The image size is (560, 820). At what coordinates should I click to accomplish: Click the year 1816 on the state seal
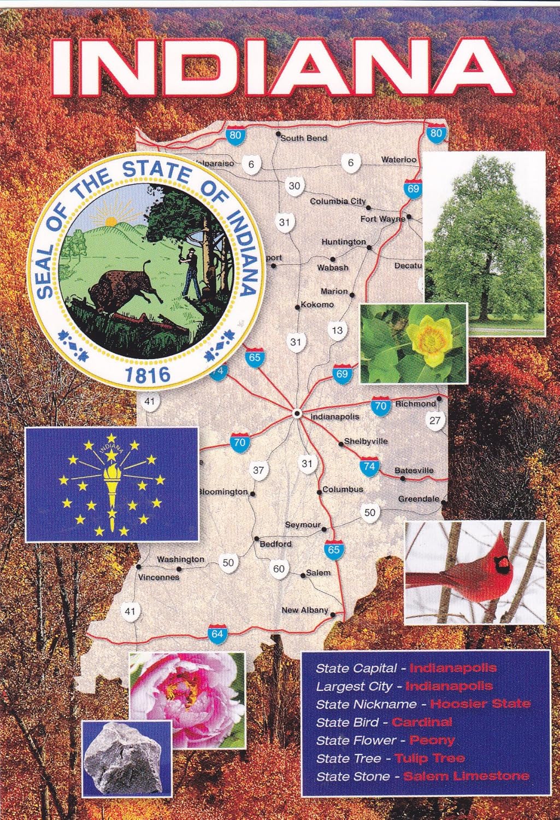coord(148,374)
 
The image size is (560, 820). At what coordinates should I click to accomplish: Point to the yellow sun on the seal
coord(111,221)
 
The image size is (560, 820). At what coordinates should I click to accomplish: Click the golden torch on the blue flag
coord(112,484)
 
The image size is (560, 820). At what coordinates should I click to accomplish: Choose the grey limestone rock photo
coord(125,758)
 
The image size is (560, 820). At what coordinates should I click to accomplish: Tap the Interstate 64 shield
coord(217,634)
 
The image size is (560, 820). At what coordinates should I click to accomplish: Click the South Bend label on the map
coord(304,138)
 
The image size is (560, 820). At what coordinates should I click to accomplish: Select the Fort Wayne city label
coord(382,219)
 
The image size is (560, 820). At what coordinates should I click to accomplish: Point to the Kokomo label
coord(317,304)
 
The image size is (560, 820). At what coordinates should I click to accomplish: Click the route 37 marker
coord(258,470)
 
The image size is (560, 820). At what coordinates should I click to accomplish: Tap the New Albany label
coord(305,610)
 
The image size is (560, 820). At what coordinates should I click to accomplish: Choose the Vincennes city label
coord(158,577)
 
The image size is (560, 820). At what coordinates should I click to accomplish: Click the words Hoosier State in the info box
coord(480,704)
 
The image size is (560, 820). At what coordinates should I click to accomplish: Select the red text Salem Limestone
coord(466,776)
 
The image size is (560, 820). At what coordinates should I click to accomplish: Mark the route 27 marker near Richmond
coord(434,420)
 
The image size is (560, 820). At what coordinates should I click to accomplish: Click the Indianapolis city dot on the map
coord(297,413)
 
